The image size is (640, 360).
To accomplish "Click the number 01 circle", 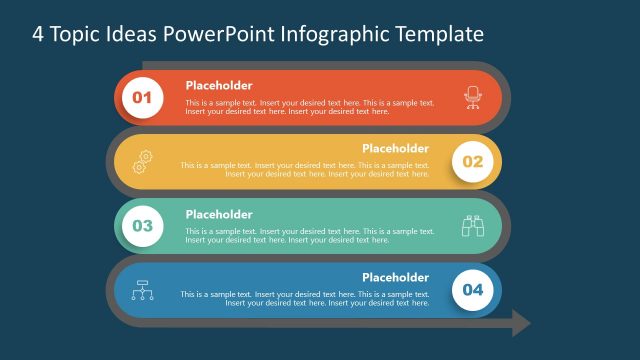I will click(142, 98).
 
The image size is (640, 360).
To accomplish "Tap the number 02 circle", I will click(472, 162).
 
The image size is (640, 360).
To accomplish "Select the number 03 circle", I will click(142, 226).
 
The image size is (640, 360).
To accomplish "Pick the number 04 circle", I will click(472, 290).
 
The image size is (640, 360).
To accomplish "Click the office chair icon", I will click(472, 97).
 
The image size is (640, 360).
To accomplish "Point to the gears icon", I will click(142, 161).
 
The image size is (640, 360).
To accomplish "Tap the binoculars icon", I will click(472, 226).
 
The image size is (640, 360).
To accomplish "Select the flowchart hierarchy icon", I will click(142, 290).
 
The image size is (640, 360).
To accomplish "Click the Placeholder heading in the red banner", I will click(219, 86).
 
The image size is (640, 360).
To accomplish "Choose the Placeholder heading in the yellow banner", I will click(395, 149).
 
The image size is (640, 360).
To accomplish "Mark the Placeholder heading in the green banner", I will click(219, 214).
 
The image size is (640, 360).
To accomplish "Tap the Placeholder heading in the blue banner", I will click(395, 277).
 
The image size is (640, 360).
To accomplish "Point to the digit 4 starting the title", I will click(38, 35).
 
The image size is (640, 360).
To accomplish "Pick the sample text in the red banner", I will click(310, 107).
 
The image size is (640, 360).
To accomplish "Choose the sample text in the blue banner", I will click(305, 299).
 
